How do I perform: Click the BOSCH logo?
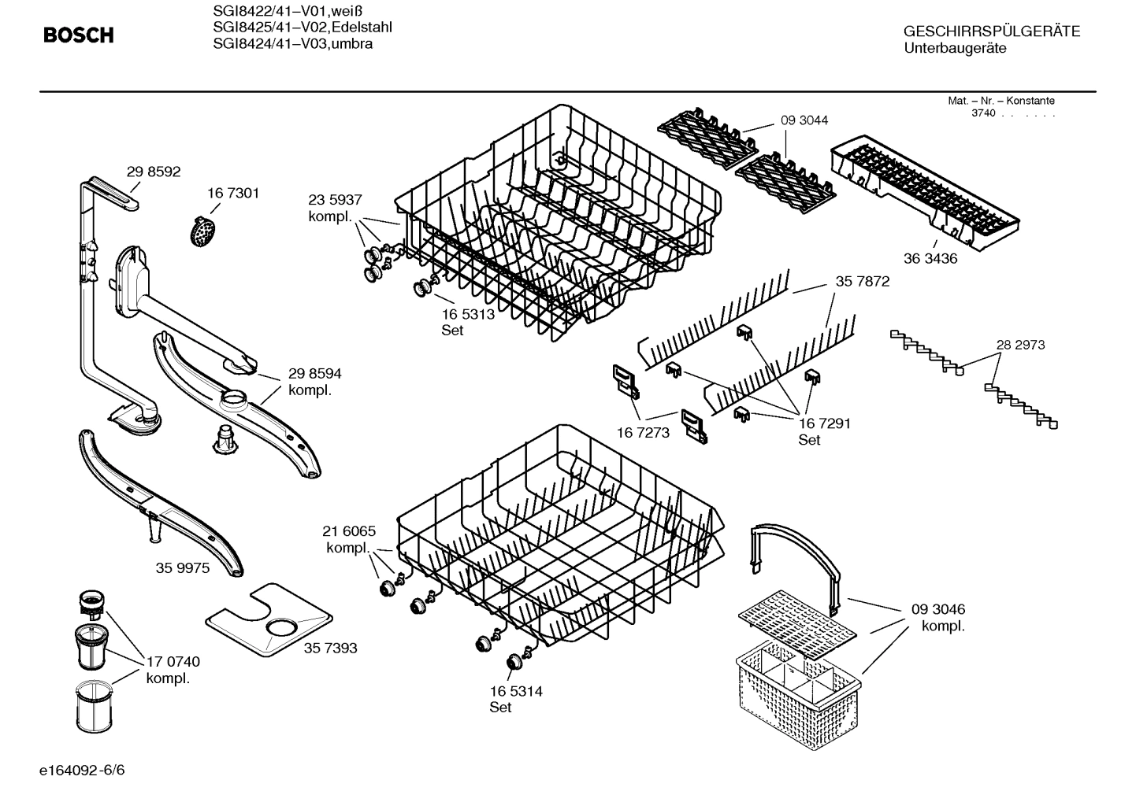[78, 35]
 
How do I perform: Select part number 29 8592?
[154, 172]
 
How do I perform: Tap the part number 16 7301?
[233, 193]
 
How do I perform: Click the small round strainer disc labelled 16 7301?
[203, 231]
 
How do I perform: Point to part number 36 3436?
[930, 258]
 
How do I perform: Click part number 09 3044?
[804, 120]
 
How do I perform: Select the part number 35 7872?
[862, 281]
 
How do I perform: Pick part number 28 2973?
[1020, 345]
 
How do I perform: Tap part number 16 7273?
[643, 432]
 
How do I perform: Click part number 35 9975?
[183, 567]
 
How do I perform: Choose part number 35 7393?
[330, 648]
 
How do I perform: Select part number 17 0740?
[173, 662]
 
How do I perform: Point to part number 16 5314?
[516, 691]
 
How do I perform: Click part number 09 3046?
[937, 609]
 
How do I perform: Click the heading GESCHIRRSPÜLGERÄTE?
[992, 32]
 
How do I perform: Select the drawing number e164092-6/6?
[82, 769]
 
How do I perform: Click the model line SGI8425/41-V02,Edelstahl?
[303, 28]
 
